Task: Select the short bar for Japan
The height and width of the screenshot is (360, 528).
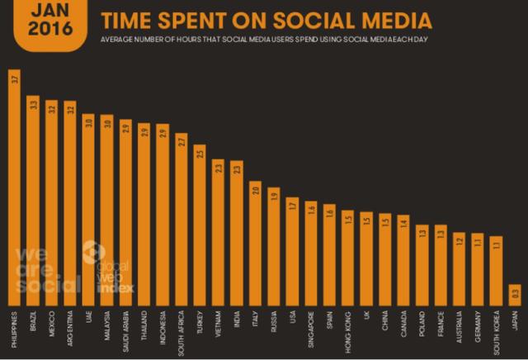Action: click(515, 295)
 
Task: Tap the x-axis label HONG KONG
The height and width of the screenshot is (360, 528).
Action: click(347, 325)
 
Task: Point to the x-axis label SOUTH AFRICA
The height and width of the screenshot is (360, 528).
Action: click(181, 329)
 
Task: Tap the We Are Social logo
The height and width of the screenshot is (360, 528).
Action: click(40, 268)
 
